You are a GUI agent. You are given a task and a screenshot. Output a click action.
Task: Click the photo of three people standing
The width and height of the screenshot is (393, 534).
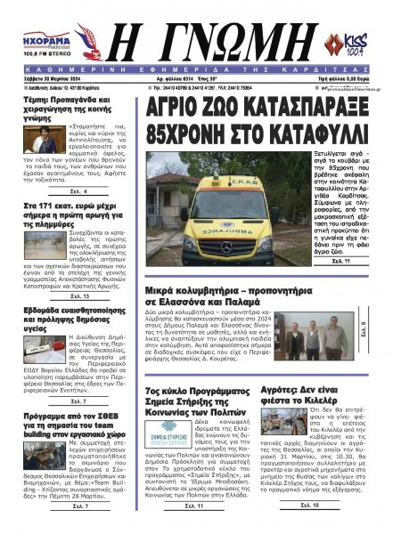coord(336,337)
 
